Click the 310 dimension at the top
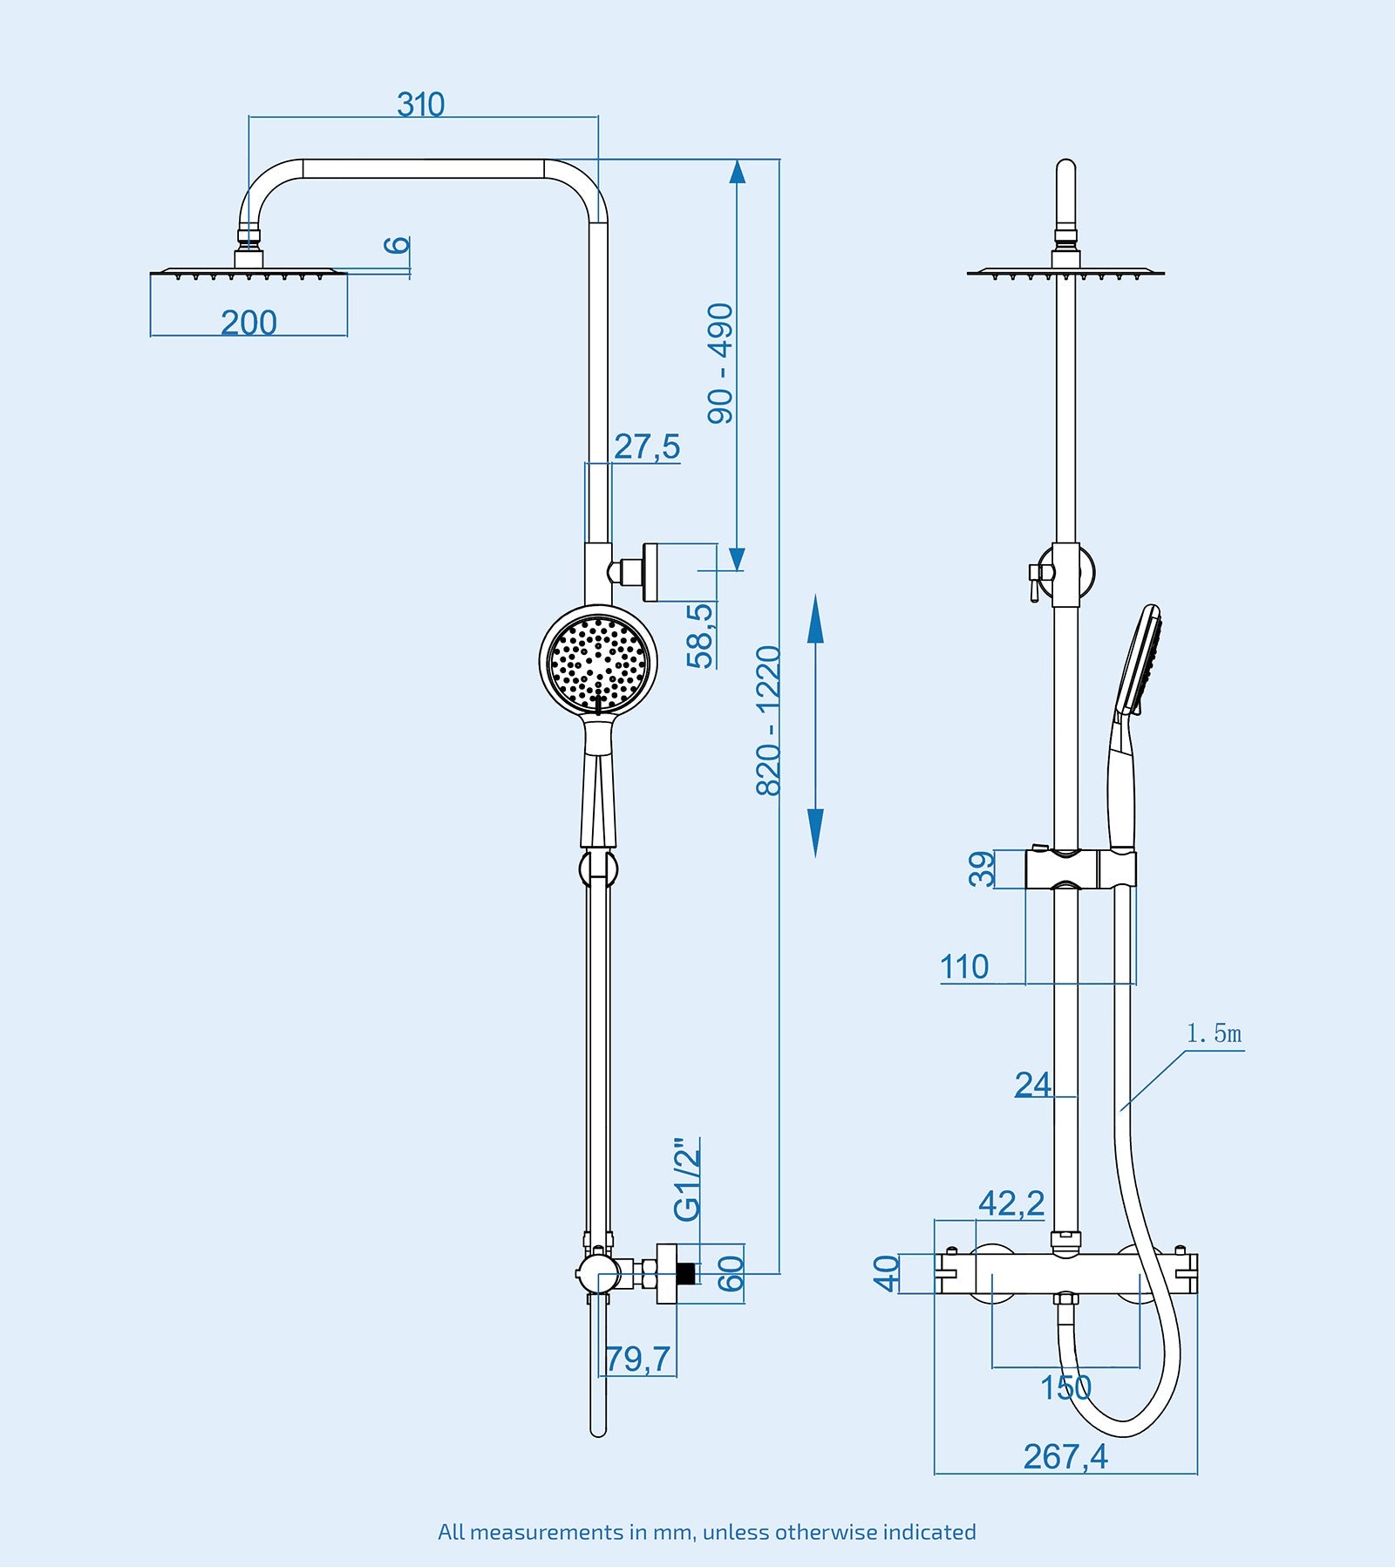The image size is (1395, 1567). point(420,105)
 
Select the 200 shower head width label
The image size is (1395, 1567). point(248,323)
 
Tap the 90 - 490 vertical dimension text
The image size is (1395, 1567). point(721,364)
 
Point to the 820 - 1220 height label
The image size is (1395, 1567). point(768,721)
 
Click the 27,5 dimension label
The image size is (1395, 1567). point(646,446)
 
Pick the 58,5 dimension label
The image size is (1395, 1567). point(700,636)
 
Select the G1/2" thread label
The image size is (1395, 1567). point(687,1179)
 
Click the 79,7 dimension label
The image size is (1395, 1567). point(638,1359)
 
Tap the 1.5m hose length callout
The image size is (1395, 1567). point(1214,1034)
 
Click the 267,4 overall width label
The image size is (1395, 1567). point(1065,1456)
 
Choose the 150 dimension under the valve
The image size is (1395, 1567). point(1065,1387)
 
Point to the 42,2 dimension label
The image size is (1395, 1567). point(1011,1203)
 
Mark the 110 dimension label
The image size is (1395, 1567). point(964,966)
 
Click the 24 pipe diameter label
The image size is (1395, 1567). point(1032,1084)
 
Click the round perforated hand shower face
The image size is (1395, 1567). point(598,659)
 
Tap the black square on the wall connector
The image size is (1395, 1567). point(686,1273)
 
